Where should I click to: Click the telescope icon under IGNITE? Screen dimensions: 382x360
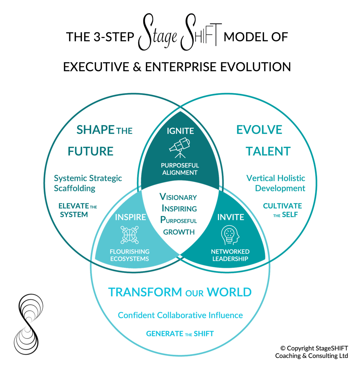tap(180, 148)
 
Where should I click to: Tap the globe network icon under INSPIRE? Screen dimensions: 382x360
tap(129, 235)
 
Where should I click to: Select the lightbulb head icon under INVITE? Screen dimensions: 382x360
tap(230, 235)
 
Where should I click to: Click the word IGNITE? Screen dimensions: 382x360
tap(180, 131)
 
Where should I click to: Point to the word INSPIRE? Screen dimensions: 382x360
tap(131, 217)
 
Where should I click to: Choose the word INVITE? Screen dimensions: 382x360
tap(231, 217)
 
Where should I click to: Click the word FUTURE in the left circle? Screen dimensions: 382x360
tap(90, 151)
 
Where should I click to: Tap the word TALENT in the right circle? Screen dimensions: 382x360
tap(268, 151)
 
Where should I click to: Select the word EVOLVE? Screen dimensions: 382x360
tap(259, 130)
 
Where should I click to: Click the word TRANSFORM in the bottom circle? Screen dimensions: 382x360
tap(145, 292)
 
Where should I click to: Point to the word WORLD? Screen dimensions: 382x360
tap(229, 292)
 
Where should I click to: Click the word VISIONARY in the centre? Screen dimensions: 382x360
tap(178, 197)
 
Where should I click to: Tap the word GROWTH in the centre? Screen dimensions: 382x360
tap(179, 232)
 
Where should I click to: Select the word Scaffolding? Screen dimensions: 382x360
tap(75, 188)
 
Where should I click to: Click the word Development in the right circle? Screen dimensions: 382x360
tap(280, 188)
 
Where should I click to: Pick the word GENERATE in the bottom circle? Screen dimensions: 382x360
tap(164, 334)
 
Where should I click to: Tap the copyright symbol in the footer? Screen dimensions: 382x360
tap(283, 348)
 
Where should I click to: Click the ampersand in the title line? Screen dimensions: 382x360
tap(137, 67)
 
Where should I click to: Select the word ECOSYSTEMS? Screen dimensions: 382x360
tap(129, 259)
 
